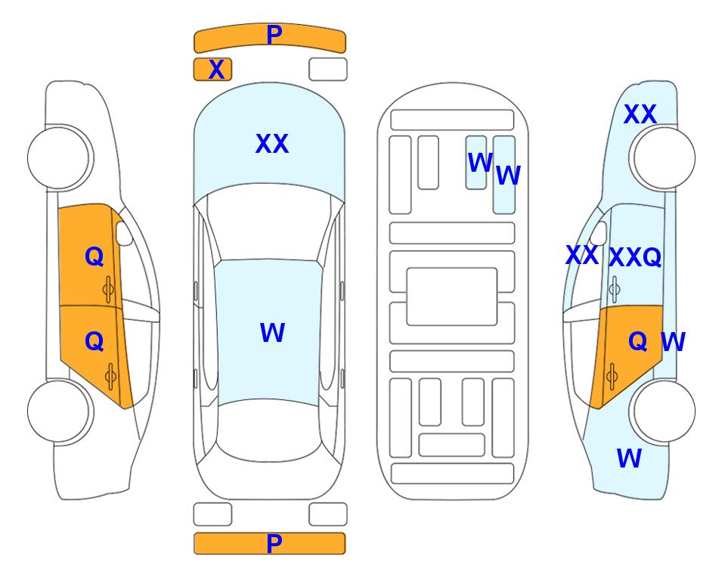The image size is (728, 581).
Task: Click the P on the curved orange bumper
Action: pyautogui.click(x=274, y=35)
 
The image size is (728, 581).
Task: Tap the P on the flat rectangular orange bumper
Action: pyautogui.click(x=274, y=543)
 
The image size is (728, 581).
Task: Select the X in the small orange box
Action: pyautogui.click(x=216, y=70)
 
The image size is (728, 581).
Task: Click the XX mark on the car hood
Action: pyautogui.click(x=272, y=144)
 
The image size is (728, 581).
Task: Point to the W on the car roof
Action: pyautogui.click(x=273, y=332)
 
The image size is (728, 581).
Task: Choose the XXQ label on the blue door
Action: pyautogui.click(x=635, y=257)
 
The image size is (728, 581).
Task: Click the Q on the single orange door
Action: pyautogui.click(x=638, y=341)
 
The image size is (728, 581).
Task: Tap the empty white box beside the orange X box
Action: pyautogui.click(x=328, y=70)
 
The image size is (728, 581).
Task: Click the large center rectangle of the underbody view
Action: pyautogui.click(x=452, y=297)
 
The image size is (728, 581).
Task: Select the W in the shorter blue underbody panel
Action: pyautogui.click(x=480, y=162)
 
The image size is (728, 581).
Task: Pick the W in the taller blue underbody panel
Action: pyautogui.click(x=509, y=176)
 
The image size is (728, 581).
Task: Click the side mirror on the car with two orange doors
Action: pyautogui.click(x=124, y=233)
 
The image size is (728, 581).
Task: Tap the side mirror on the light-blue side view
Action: pyautogui.click(x=599, y=233)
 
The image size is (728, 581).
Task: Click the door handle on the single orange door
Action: pyautogui.click(x=612, y=377)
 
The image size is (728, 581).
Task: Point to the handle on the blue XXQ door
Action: pyautogui.click(x=615, y=289)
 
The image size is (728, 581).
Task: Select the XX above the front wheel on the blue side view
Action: pyautogui.click(x=640, y=114)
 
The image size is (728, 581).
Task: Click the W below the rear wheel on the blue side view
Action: pyautogui.click(x=629, y=458)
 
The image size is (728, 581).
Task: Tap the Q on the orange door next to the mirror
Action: pyautogui.click(x=94, y=256)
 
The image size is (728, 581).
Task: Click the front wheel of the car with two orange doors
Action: pyautogui.click(x=59, y=158)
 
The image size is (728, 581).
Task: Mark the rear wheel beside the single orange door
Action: pyautogui.click(x=664, y=412)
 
